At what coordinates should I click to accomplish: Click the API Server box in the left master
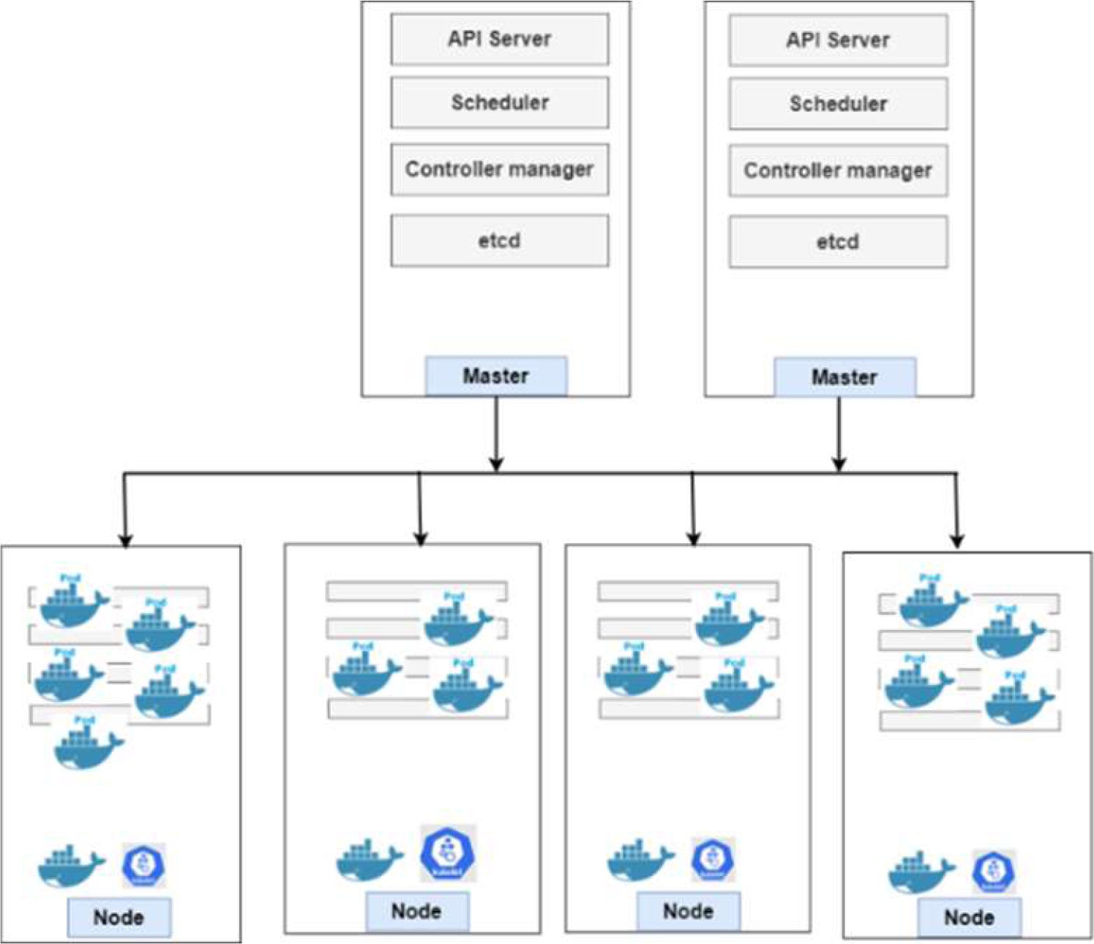[499, 40]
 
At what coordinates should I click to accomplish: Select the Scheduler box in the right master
[838, 104]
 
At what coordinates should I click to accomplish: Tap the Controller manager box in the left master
[499, 170]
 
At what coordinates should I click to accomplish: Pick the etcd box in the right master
[838, 241]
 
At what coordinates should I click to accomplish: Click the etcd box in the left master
[499, 240]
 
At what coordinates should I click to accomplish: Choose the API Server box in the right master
[838, 40]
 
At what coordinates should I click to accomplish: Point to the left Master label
[495, 376]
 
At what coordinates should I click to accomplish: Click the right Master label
[844, 378]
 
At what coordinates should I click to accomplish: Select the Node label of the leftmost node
[119, 918]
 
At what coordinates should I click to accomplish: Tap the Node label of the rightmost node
[969, 918]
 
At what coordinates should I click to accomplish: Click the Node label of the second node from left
[416, 912]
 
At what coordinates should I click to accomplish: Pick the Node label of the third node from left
[688, 912]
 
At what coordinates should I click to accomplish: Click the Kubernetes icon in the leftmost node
[143, 864]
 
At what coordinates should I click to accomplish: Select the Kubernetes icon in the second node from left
[448, 853]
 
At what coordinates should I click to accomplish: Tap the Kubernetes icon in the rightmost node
[993, 871]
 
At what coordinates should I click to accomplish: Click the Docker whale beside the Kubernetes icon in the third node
[640, 861]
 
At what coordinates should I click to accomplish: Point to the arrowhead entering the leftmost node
[125, 540]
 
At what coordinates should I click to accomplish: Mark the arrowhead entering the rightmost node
[957, 542]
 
